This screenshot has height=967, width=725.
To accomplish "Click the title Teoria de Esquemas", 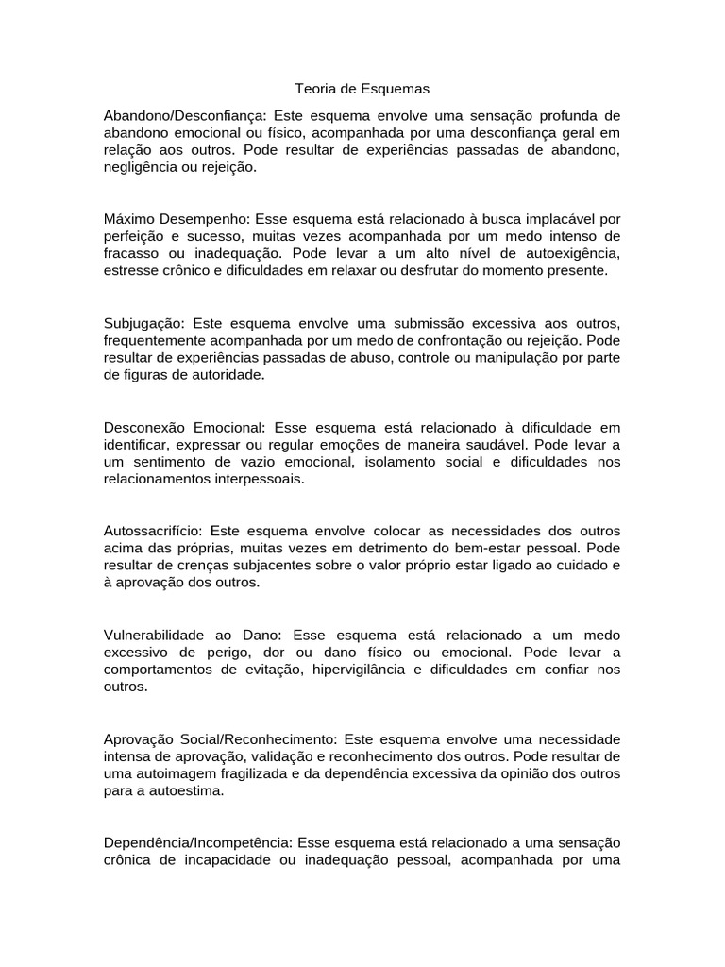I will click(x=362, y=89).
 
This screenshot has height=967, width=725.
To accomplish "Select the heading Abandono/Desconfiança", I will click(x=185, y=115).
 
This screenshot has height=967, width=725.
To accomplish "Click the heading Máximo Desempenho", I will click(x=177, y=219).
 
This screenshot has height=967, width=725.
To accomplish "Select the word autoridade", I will click(x=229, y=374).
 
